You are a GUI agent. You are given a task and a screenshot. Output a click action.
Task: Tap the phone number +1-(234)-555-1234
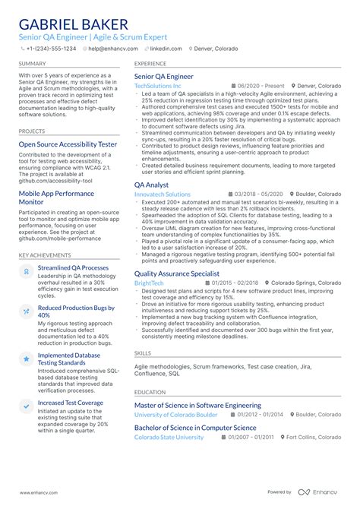[51, 49]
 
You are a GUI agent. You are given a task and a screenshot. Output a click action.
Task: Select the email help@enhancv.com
[115, 49]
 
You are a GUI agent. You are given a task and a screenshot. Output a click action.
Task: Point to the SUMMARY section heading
[32, 64]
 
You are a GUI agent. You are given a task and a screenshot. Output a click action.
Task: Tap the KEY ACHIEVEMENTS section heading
[46, 255]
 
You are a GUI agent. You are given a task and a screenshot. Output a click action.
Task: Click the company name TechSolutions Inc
[158, 87]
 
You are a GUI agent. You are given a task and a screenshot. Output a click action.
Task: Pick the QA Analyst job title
[151, 185]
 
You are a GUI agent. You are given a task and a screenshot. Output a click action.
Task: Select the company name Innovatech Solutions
[163, 194]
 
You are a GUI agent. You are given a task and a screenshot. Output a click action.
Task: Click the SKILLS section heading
[143, 353]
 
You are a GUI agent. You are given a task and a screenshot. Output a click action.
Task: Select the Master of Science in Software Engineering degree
[197, 406]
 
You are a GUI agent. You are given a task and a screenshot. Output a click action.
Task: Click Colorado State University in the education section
[169, 438]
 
